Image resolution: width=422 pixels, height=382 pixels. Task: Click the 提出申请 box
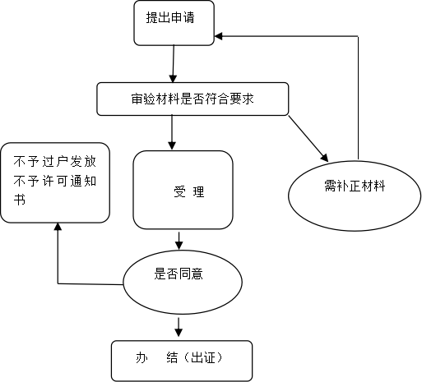coord(174,23)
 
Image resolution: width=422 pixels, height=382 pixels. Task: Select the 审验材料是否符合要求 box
coord(192,99)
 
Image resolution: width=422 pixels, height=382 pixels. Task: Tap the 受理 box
coord(183,190)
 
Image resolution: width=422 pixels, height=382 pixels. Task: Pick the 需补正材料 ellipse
coord(355,196)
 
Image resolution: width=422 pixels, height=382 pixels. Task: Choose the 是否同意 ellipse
coord(183,282)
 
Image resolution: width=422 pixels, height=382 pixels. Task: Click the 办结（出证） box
coord(182,361)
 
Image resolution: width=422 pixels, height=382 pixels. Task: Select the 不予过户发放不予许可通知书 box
coord(55,182)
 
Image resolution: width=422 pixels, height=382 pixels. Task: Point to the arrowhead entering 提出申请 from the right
coord(218,36)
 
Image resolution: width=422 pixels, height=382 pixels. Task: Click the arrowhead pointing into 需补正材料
coord(324,158)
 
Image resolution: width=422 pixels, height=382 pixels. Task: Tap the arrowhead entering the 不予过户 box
coord(58,227)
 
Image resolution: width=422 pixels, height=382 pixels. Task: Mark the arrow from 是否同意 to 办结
coord(179,327)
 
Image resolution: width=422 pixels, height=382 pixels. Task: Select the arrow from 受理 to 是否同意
coord(179,241)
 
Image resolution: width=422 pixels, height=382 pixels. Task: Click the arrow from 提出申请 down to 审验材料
coord(173,64)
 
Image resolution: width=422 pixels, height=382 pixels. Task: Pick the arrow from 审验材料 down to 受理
coord(172,132)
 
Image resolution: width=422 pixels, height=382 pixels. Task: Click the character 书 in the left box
coord(20,199)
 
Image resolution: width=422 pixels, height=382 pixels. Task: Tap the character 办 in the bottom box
coord(141,357)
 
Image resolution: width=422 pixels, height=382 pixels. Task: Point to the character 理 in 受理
coord(198,191)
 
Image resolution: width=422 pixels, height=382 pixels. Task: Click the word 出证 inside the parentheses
coord(202,357)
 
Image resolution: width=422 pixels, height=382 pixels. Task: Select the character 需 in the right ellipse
coord(330,186)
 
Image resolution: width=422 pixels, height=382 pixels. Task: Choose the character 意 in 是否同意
coord(197,274)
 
